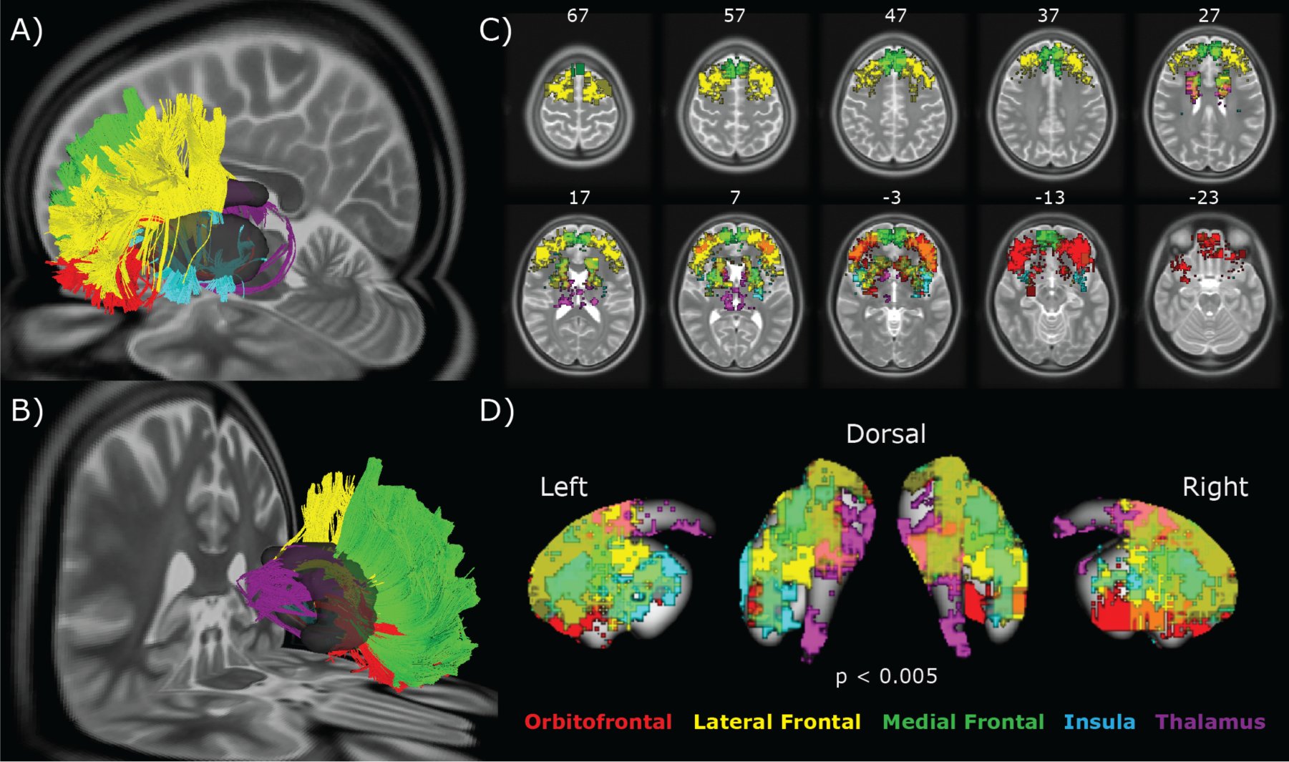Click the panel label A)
[27, 31]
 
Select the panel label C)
[495, 31]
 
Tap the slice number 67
[578, 16]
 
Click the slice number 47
[895, 16]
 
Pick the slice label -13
[1049, 197]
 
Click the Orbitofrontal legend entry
[598, 722]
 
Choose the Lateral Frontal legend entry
[777, 722]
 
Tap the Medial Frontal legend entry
[963, 722]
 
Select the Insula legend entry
[1099, 722]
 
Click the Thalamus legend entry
[1210, 722]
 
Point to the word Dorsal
[886, 434]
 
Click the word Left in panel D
[564, 487]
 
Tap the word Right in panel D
[1215, 488]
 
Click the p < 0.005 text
[887, 676]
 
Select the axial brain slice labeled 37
[1050, 104]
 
